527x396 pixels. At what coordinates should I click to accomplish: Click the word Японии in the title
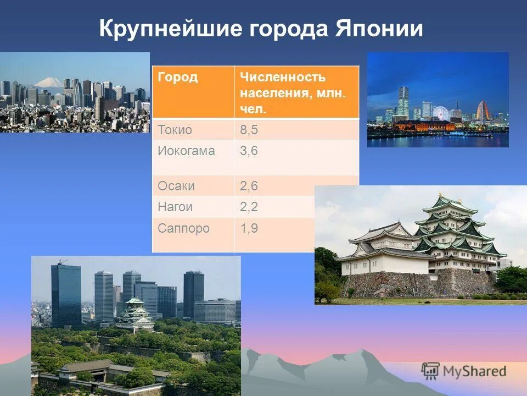(378, 29)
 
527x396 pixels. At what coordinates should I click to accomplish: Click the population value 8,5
(249, 130)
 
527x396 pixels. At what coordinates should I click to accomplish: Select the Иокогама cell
(186, 151)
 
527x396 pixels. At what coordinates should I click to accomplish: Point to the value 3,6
(249, 151)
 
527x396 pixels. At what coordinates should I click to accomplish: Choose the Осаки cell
(176, 186)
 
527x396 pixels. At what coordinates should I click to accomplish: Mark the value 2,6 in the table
(249, 186)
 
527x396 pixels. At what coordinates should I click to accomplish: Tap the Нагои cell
(176, 207)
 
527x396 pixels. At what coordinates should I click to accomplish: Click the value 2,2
(249, 207)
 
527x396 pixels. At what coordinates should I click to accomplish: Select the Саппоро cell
(183, 228)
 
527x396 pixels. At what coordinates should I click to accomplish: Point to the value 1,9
(249, 228)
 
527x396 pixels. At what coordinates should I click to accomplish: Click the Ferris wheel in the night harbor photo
(441, 113)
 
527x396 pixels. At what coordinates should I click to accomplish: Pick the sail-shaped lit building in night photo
(482, 111)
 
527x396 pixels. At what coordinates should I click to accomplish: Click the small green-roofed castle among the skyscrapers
(134, 313)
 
